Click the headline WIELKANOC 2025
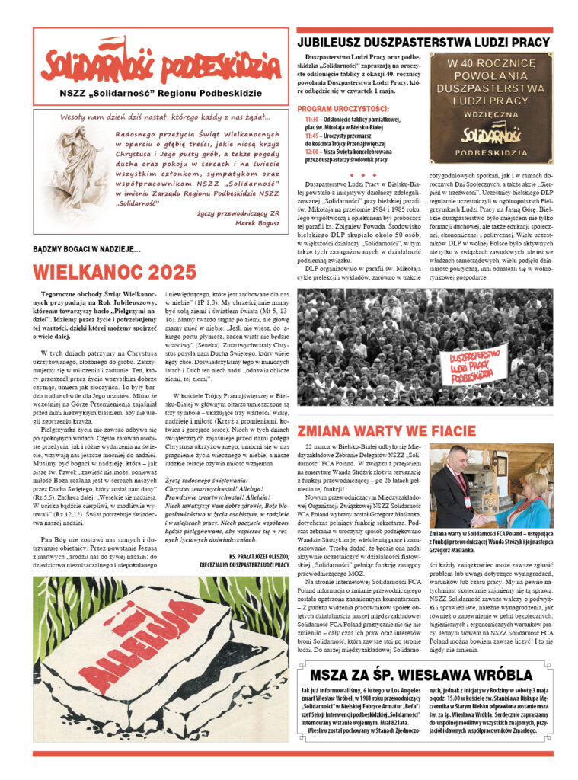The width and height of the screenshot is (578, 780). pyautogui.click(x=115, y=271)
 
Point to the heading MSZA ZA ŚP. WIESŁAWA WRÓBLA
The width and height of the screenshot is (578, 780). pyautogui.click(x=421, y=675)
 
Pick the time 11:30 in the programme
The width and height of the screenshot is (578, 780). pyautogui.click(x=311, y=120)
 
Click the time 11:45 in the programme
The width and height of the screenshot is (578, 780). pyautogui.click(x=311, y=136)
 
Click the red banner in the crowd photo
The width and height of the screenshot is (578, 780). pyautogui.click(x=478, y=366)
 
